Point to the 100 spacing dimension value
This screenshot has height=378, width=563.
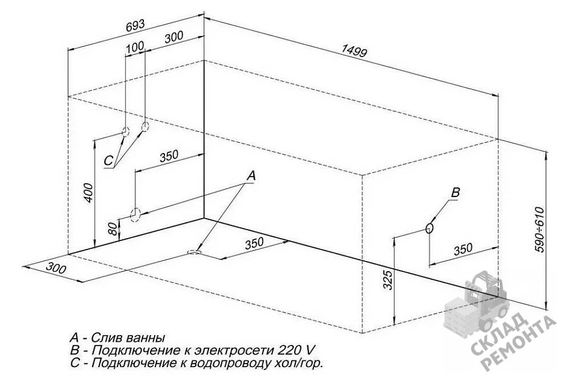(135, 47)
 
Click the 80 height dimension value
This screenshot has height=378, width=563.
(112, 228)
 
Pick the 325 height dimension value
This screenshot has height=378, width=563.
(388, 280)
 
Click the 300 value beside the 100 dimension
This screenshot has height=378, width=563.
(174, 37)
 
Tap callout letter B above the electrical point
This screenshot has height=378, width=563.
(455, 193)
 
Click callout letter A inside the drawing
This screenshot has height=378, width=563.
(251, 175)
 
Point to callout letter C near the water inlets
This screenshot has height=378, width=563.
(108, 161)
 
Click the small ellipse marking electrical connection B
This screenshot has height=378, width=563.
(429, 228)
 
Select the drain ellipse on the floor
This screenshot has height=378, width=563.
(195, 252)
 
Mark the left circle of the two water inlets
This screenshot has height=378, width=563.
(125, 132)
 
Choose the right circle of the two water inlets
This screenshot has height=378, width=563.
(145, 126)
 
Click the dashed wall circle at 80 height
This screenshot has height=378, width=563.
(135, 215)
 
